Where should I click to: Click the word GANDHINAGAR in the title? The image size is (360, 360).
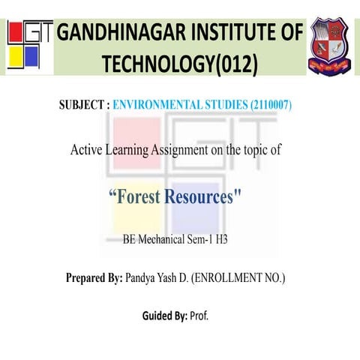coord(119,34)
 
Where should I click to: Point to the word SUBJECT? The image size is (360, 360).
coord(83,105)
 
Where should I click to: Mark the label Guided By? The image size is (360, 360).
coord(165,315)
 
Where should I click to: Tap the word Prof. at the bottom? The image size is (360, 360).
coord(199,315)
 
